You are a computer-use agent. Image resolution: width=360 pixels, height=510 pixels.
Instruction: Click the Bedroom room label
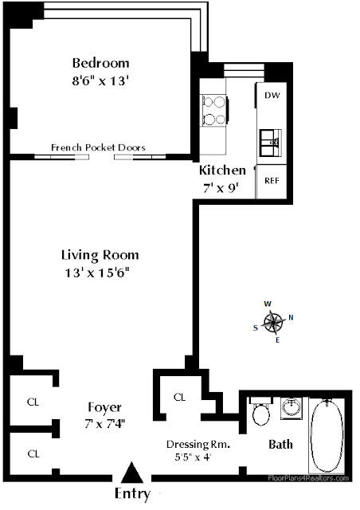(100, 63)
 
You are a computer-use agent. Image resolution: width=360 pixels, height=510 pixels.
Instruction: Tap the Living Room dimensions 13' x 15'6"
(97, 273)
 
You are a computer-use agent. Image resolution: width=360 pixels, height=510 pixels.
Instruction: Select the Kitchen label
(222, 170)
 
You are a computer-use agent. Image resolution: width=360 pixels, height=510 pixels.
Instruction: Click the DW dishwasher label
(272, 96)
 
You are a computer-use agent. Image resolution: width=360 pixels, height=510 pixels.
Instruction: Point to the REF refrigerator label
(272, 181)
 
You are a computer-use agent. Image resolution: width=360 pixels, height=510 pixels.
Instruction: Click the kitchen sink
(271, 143)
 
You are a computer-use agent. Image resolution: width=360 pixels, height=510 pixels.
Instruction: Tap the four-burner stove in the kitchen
(214, 111)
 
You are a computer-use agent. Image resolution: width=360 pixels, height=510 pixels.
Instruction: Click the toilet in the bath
(260, 411)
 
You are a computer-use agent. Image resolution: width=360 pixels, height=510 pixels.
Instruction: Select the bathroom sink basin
(292, 407)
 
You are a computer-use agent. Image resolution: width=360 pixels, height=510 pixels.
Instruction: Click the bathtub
(327, 436)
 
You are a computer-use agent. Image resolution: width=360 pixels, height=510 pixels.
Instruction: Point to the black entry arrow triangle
(132, 473)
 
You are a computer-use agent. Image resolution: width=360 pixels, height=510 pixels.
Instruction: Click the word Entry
(133, 494)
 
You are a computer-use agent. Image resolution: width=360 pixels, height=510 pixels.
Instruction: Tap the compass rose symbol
(273, 323)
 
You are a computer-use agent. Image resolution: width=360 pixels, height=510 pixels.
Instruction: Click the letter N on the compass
(291, 317)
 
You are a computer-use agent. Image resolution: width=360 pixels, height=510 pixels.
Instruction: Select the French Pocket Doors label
(98, 147)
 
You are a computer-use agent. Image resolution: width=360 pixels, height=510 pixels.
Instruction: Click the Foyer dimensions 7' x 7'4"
(105, 424)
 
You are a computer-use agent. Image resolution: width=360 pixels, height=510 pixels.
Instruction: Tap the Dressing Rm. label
(198, 445)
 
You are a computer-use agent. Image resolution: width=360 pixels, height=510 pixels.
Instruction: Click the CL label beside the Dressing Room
(179, 397)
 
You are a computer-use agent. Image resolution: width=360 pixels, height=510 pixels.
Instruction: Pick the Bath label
(280, 445)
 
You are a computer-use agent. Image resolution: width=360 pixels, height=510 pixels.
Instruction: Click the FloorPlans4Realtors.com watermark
(308, 478)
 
